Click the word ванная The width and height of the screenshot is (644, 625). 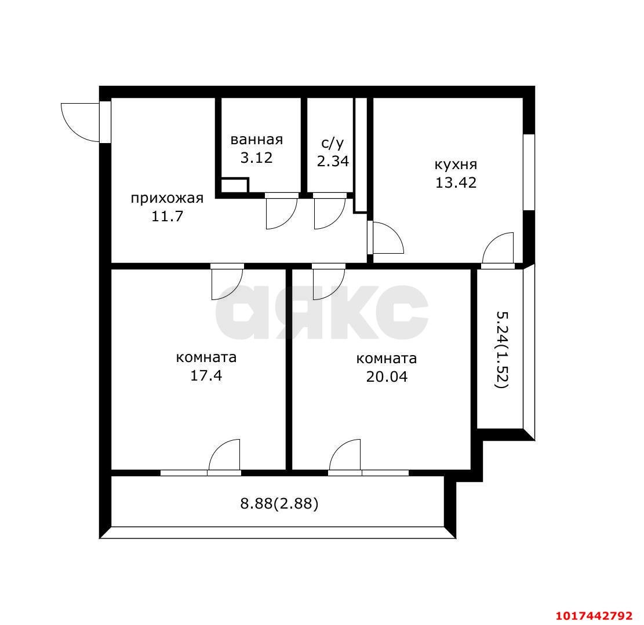[x=257, y=140]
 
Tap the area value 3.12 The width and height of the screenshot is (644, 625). [x=256, y=158]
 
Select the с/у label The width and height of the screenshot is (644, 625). [x=332, y=143]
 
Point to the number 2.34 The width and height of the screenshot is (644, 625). [x=333, y=161]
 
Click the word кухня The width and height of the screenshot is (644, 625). [x=456, y=165]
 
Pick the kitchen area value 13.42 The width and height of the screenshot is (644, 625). [x=456, y=182]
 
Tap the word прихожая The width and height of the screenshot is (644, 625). [x=167, y=199]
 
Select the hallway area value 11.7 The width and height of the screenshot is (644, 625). [x=167, y=216]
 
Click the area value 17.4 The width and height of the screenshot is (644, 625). [x=206, y=375]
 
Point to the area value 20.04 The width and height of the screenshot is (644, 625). [x=387, y=377]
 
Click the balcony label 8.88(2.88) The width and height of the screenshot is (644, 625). [x=279, y=503]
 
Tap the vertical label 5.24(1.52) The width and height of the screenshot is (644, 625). [x=503, y=350]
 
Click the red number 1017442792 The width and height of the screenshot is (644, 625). [x=594, y=616]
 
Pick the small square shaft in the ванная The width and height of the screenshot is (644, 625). [x=235, y=185]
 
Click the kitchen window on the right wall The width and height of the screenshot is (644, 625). [x=529, y=173]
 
